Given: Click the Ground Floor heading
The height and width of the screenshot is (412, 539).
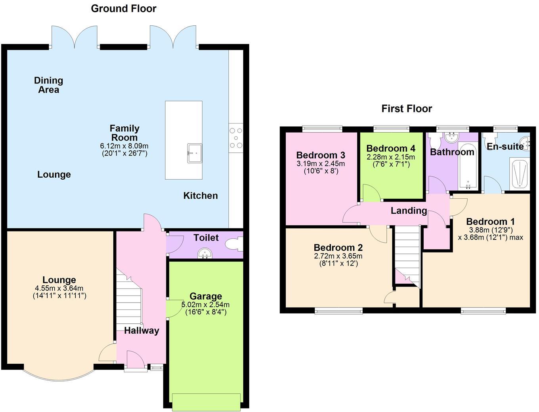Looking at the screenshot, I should pos(124,8).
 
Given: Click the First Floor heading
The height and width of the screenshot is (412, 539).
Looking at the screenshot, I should pos(407,108).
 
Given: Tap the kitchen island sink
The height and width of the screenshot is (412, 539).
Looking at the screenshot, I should pos(194,153).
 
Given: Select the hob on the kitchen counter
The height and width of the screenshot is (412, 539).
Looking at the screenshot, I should pos(236,138).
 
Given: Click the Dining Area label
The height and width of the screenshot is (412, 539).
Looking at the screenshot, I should pos(48,85).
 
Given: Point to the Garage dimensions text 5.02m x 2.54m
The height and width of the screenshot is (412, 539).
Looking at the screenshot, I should pos(205,305).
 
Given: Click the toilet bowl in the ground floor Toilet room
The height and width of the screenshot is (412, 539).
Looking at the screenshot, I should pos(233,244).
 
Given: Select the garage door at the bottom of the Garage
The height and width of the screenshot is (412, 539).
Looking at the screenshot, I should pos(206,402).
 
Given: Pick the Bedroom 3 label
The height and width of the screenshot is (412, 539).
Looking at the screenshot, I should pos(321,155).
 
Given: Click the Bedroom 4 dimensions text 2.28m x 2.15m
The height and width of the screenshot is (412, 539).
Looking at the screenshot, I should pos(391,157).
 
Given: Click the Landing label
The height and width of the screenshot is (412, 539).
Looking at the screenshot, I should pos(409,211).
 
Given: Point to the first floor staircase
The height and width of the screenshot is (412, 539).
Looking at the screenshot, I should pos(407,253).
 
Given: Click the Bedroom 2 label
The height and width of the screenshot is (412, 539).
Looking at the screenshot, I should pos(338,248).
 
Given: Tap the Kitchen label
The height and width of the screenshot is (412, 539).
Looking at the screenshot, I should pos(201,196).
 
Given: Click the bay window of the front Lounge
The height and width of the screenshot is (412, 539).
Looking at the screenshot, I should pos(59,374).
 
